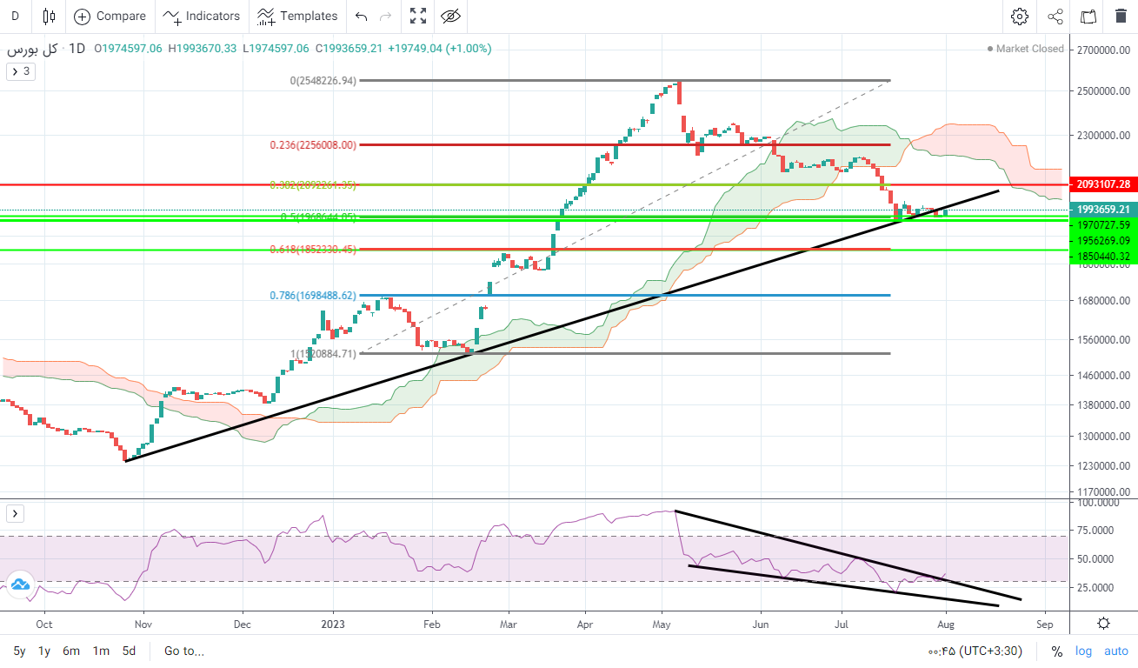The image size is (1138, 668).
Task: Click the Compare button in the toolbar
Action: [x=110, y=16]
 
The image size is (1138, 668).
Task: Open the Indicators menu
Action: [x=202, y=16]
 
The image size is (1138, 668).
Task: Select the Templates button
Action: [x=297, y=16]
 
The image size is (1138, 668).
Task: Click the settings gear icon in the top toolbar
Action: [x=1020, y=16]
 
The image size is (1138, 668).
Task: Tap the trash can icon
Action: [x=1121, y=16]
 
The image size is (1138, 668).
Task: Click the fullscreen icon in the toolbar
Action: [x=418, y=16]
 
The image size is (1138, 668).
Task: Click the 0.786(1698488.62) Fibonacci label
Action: [x=311, y=296]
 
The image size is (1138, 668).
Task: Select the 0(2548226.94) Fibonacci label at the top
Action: [x=323, y=81]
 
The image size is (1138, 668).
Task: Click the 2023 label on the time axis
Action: [x=333, y=624]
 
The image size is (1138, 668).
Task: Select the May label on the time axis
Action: [x=662, y=624]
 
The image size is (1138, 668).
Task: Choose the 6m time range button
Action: [x=71, y=651]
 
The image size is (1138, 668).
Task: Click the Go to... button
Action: [x=183, y=651]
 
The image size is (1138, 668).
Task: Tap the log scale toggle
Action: [x=1083, y=651]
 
